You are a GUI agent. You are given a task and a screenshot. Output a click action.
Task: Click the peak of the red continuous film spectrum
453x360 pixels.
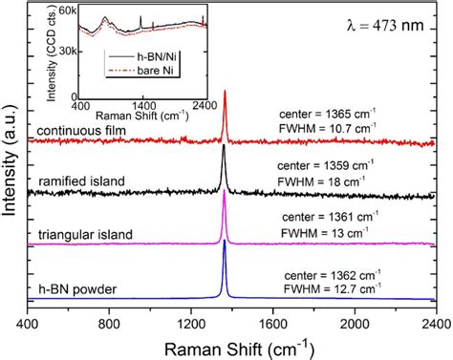point(225,92)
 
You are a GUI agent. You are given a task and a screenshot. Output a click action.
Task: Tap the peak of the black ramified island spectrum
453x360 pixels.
point(224,146)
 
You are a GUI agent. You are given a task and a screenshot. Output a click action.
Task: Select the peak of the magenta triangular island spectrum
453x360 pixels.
point(225,193)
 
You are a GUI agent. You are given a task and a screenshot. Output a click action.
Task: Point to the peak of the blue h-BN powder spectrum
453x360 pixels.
point(225,243)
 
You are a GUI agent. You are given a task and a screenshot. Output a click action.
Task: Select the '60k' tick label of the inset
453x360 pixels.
point(65,12)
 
